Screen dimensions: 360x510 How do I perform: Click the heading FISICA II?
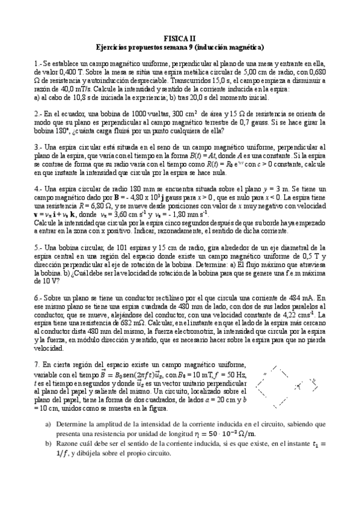[x=180, y=37]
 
